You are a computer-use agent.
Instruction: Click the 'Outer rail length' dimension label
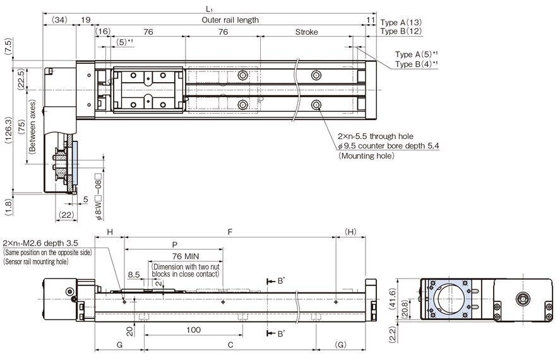coord(230,20)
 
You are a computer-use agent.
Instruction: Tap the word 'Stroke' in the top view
coord(306,32)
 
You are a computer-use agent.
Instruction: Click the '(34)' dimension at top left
coord(59,20)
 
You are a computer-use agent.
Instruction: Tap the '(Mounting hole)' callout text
coord(366,155)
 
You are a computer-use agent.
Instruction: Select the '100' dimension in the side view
coord(193,329)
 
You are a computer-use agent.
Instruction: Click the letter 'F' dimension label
coord(230,232)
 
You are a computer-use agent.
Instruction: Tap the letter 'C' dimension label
coord(230,345)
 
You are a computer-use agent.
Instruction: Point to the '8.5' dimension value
coord(133,275)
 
